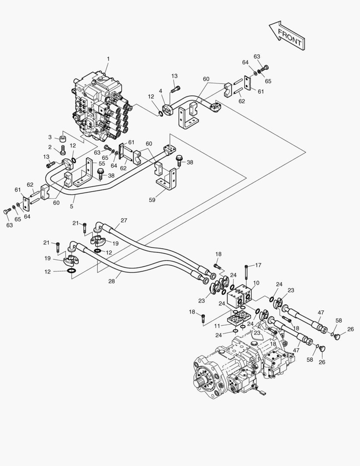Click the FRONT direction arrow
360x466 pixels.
[x=287, y=35]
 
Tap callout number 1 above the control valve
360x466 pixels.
[x=108, y=59]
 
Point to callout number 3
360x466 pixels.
[x=50, y=137]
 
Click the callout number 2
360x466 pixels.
[x=50, y=148]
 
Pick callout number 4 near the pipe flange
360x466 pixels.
[x=160, y=91]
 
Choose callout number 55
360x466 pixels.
[x=102, y=164]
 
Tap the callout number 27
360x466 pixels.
[x=124, y=220]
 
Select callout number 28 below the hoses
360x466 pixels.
[x=112, y=281]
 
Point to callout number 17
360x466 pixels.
[x=258, y=265]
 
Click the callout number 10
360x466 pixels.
[x=256, y=283]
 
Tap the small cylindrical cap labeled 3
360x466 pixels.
[x=62, y=139]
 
